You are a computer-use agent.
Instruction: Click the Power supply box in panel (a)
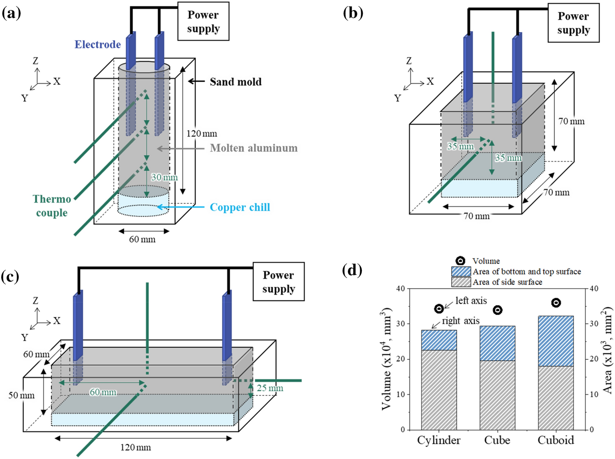coord(203,21)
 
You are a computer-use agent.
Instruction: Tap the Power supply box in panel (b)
coord(573,23)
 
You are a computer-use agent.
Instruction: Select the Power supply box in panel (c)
coord(278,282)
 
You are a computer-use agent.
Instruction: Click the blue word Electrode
coord(98,44)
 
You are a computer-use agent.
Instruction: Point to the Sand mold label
coord(235,82)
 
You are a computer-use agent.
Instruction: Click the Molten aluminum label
coord(254,148)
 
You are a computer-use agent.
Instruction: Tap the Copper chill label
coord(240,208)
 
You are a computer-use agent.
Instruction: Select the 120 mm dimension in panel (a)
coord(201,134)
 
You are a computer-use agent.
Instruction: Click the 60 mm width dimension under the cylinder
coord(142,240)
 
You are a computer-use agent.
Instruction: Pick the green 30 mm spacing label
coord(164,177)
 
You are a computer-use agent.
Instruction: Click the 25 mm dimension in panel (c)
coord(270,388)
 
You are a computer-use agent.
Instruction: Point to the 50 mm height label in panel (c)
coord(21,395)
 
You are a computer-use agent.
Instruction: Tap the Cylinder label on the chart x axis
coord(439,440)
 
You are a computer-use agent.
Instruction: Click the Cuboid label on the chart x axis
coord(556,440)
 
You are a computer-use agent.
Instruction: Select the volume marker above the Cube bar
coord(497,310)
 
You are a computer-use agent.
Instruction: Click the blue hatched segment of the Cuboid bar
coord(556,341)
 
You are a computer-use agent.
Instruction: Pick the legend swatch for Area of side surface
coord(461,282)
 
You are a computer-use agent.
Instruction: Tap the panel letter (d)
coord(352,270)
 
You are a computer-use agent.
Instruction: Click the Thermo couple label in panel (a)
coord(52,206)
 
